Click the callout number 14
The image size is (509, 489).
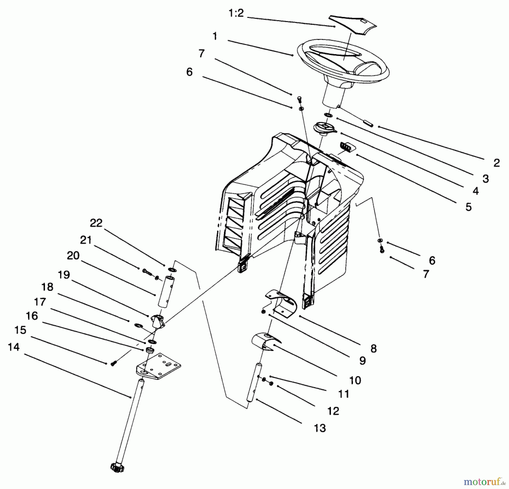point(14,347)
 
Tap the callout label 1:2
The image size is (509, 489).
point(236,13)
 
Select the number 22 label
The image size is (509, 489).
point(96,223)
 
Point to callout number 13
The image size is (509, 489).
point(320,428)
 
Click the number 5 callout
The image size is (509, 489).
point(469,207)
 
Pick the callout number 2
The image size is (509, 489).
point(497,163)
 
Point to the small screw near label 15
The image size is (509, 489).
point(113,363)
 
